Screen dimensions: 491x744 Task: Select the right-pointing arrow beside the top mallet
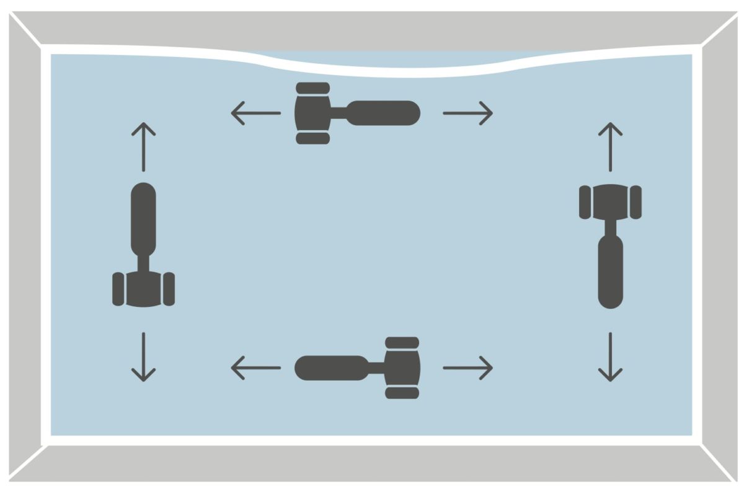(467, 113)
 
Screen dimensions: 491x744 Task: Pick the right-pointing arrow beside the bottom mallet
(467, 368)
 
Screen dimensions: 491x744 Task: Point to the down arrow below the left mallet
(143, 356)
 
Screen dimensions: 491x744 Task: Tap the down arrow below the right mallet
(610, 356)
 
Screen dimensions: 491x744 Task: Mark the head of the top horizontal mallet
(312, 113)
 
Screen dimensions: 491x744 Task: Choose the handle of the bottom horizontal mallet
(332, 368)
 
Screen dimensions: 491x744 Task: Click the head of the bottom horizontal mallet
(402, 368)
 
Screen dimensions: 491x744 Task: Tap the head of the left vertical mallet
(143, 289)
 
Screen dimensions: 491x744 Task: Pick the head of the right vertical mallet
(610, 202)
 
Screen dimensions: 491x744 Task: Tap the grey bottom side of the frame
(372, 463)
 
